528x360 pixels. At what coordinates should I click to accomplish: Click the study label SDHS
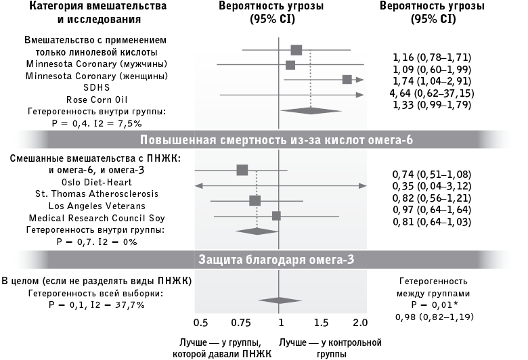[96, 87]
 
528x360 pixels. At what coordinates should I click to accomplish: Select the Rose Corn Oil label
[96, 99]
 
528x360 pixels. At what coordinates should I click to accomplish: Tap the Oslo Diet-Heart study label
[96, 182]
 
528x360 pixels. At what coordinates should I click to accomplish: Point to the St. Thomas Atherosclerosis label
[96, 194]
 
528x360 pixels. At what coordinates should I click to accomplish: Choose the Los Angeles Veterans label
[96, 206]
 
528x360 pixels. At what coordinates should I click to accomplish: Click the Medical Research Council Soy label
[96, 218]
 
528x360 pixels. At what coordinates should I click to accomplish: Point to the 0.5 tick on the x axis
[201, 319]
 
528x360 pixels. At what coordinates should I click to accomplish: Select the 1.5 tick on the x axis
[321, 319]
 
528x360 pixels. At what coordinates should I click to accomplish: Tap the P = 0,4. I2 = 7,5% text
[90, 122]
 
